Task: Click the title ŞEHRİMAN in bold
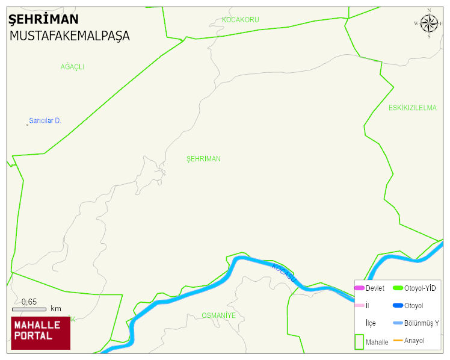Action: pos(43,19)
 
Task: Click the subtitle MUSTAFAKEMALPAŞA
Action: pos(69,36)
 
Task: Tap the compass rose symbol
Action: pos(429,23)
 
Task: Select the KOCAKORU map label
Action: pos(240,20)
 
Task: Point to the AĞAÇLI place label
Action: pos(72,67)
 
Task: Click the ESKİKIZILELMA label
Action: pos(412,108)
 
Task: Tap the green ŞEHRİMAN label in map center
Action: pos(203,159)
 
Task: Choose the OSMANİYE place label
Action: pos(218,315)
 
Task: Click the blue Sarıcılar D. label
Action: pos(45,120)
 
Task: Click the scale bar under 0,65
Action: pos(29,309)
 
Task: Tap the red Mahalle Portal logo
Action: pos(40,333)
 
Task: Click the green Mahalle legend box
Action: pos(359,341)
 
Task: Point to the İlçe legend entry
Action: pos(371,323)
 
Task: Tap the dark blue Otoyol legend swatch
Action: pos(398,306)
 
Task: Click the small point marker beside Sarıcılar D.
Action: pos(27,125)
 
